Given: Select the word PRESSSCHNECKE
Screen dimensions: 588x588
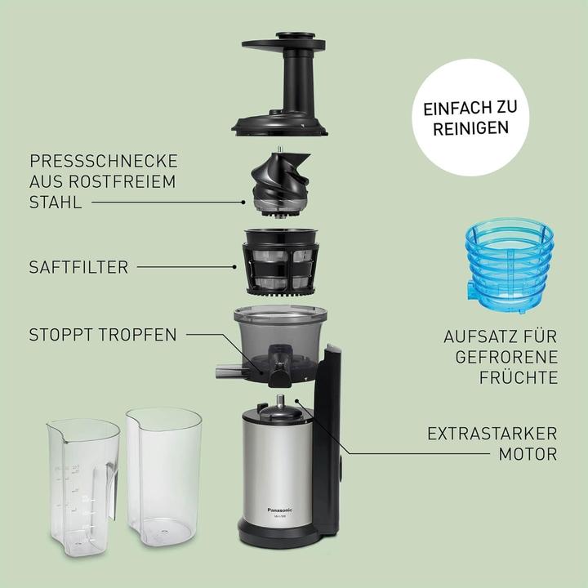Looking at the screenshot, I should tap(103, 160).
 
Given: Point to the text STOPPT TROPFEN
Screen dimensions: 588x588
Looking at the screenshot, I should tap(102, 334).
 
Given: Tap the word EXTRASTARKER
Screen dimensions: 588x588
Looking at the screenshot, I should tap(493, 433).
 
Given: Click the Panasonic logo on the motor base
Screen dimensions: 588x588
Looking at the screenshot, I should tap(285, 508).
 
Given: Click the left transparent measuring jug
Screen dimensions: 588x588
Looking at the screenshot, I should tap(80, 482).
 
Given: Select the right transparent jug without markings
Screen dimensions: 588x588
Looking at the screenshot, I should tap(167, 478).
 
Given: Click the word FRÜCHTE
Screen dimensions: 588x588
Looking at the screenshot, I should tap(519, 377).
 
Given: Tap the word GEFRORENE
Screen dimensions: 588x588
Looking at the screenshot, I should tap(513, 357).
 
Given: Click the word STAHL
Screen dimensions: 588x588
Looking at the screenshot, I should tap(56, 201).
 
